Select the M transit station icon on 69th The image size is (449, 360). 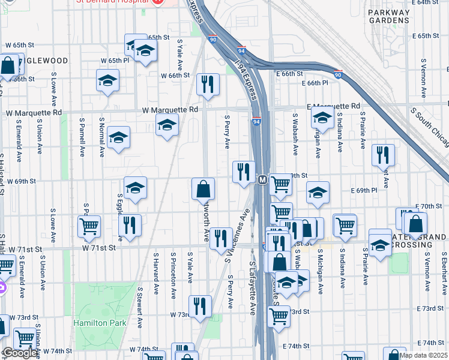(x=262, y=179)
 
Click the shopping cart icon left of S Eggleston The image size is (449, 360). (x=89, y=226)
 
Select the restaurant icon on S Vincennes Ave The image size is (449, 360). (x=221, y=238)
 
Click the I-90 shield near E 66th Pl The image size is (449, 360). (x=338, y=75)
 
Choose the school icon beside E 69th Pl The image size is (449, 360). (x=318, y=192)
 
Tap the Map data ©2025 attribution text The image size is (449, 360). (x=424, y=355)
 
